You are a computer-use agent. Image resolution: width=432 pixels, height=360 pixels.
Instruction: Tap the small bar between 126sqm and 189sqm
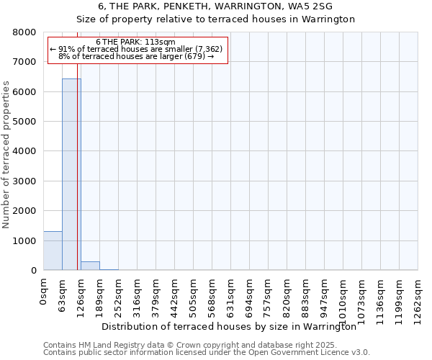click(90, 266)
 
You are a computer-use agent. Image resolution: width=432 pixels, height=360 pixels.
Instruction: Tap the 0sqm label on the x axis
click(44, 292)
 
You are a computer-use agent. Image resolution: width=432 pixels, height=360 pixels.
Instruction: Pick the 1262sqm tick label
click(418, 299)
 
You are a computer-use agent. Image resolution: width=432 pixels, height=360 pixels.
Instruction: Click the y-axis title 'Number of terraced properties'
click(6, 155)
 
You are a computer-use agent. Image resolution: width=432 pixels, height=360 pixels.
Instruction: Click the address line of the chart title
click(215, 6)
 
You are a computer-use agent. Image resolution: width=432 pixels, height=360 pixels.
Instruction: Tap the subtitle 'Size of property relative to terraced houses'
click(215, 19)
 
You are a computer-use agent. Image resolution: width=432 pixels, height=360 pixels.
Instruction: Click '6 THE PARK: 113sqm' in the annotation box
click(135, 42)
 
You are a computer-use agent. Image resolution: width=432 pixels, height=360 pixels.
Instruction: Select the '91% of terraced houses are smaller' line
click(136, 49)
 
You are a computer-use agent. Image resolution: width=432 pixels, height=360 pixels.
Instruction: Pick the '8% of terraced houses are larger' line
click(136, 56)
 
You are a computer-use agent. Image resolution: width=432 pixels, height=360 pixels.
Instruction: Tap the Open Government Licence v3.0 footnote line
click(206, 353)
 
